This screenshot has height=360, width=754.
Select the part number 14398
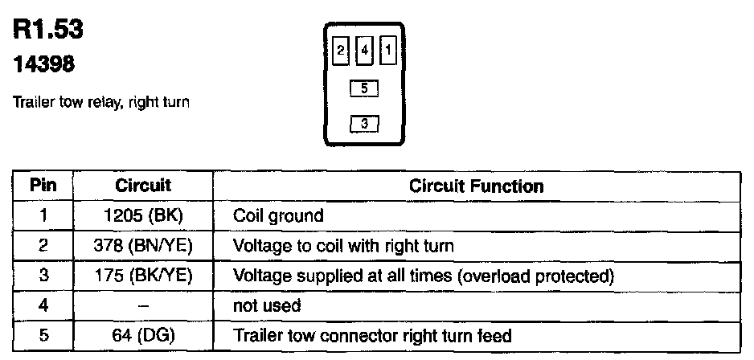coord(44,67)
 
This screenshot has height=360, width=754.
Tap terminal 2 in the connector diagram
coord(342,51)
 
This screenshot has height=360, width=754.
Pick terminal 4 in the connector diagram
coord(365,51)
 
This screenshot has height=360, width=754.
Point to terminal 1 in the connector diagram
coord(388,51)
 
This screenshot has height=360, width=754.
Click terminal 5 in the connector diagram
coord(365,88)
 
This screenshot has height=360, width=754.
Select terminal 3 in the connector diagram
coord(365,123)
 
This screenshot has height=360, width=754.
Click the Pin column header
coord(43,186)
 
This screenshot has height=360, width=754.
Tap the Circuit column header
coord(143,186)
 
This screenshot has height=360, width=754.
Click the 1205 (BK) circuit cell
coord(143,215)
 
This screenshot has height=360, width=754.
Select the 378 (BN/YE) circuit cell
coord(143,246)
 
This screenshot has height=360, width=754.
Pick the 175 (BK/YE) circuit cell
coord(143,276)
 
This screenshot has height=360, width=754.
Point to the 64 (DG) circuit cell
coord(143,335)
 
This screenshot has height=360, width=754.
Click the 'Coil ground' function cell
coord(277,216)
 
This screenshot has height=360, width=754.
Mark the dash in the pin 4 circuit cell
coord(143,305)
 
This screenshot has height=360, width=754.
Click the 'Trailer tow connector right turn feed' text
coord(372,335)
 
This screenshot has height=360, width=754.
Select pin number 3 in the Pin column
coord(43,276)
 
